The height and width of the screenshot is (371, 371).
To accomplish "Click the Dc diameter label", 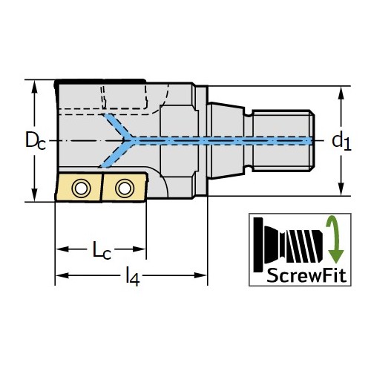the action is pyautogui.click(x=36, y=140).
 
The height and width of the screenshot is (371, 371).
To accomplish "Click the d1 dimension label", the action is pyautogui.click(x=341, y=142).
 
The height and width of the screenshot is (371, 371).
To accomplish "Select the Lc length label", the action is pyautogui.click(x=102, y=250).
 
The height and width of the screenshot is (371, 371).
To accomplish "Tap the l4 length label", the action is pyautogui.click(x=133, y=276).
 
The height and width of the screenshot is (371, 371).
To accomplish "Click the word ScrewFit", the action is pyautogui.click(x=306, y=275).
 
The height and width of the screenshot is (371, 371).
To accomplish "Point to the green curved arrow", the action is pyautogui.click(x=335, y=240).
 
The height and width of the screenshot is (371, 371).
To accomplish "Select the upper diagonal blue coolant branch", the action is pyautogui.click(x=116, y=125).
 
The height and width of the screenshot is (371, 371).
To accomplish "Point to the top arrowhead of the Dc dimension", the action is pyautogui.click(x=35, y=86).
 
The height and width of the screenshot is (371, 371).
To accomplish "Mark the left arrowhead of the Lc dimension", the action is pyautogui.click(x=62, y=249).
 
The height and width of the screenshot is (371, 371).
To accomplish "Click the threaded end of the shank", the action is pyautogui.click(x=283, y=140).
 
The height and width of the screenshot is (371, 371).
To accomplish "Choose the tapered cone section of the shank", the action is pyautogui.click(x=226, y=140).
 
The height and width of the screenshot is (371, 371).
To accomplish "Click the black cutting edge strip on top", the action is pyautogui.click(x=100, y=82).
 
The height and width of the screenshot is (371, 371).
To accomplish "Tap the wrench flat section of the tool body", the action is pyautogui.click(x=179, y=140).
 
